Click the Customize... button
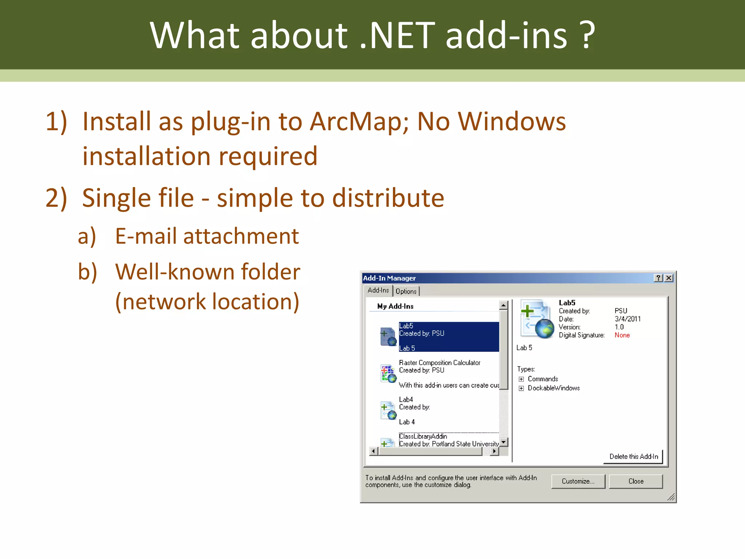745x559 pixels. pyautogui.click(x=578, y=481)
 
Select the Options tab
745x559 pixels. pyautogui.click(x=406, y=291)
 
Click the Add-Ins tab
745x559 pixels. pyautogui.click(x=378, y=290)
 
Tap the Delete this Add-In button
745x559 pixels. pyautogui.click(x=633, y=456)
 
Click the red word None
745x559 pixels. pyautogui.click(x=622, y=335)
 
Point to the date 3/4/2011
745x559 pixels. pyautogui.click(x=628, y=319)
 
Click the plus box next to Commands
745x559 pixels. pyautogui.click(x=521, y=379)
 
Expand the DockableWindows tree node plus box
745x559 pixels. pyautogui.click(x=521, y=388)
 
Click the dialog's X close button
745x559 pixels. pyautogui.click(x=669, y=278)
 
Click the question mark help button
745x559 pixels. pyautogui.click(x=658, y=278)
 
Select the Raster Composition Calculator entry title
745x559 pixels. pyautogui.click(x=439, y=362)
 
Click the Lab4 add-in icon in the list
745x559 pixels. pyautogui.click(x=388, y=411)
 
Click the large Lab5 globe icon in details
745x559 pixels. pyautogui.click(x=537, y=319)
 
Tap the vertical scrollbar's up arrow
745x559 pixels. pyautogui.click(x=503, y=305)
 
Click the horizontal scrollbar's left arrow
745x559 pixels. pyautogui.click(x=373, y=451)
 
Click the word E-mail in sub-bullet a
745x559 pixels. pyautogui.click(x=147, y=236)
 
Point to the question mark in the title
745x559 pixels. pyautogui.click(x=586, y=35)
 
